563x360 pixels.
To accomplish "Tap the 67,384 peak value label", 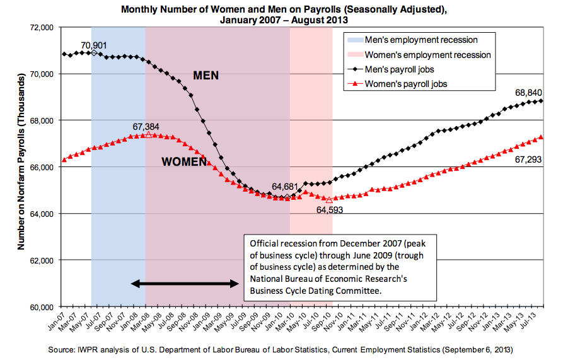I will tap(147, 126).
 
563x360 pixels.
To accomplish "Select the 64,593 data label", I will tap(329, 210).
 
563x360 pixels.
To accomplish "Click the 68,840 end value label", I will tap(529, 93).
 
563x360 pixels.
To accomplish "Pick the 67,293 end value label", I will tap(528, 160).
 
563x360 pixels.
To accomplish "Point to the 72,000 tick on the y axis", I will tap(41, 28).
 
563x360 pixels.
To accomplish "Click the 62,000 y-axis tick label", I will tap(41, 260).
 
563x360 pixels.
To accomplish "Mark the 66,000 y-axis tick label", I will tap(41, 167).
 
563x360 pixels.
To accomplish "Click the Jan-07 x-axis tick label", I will tap(61, 320).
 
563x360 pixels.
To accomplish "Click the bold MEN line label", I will tap(206, 76).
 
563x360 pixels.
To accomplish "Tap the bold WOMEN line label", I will tap(184, 162).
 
